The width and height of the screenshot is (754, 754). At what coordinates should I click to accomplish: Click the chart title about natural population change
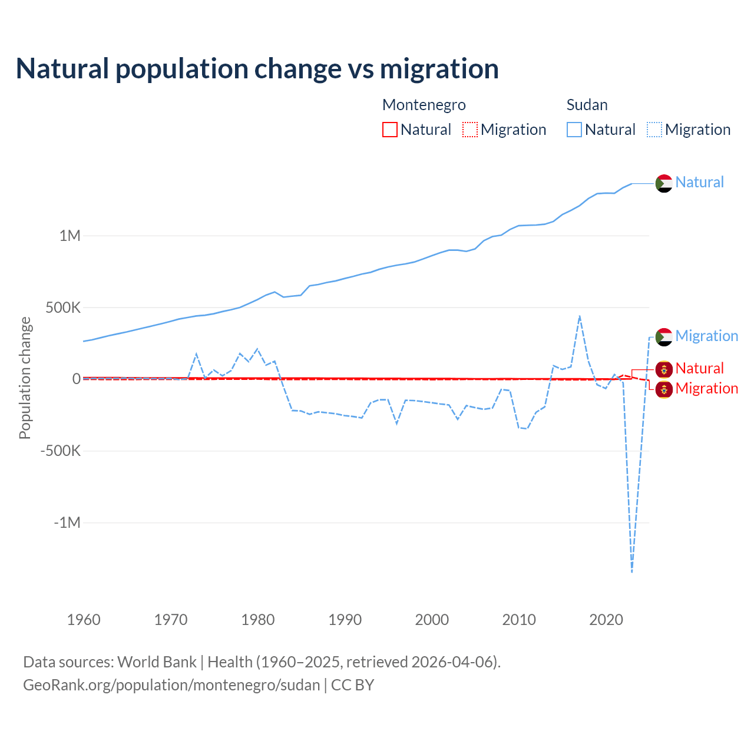point(257,69)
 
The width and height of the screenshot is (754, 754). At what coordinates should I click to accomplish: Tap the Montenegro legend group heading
point(424,105)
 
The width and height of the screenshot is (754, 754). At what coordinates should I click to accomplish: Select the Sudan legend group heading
point(587,105)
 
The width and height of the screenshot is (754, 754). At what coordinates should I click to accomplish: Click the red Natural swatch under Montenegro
point(390,130)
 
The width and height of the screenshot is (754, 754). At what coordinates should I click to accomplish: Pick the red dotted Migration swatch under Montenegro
point(470,130)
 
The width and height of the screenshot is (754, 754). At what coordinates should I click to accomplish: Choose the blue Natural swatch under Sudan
point(574,130)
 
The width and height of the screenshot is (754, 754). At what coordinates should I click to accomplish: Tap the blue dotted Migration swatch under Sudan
point(654,130)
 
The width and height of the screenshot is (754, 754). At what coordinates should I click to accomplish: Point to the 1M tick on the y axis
point(70,236)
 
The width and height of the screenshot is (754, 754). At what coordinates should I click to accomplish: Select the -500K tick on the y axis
point(61,451)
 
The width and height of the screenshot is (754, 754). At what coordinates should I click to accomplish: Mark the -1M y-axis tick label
point(67,523)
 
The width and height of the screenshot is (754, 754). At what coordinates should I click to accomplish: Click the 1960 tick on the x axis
point(84,620)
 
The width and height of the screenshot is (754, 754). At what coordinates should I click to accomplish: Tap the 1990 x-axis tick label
point(345,620)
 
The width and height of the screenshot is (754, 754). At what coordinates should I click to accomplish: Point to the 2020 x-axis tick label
point(606,620)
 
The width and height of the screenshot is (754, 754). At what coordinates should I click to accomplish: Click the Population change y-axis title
point(25,378)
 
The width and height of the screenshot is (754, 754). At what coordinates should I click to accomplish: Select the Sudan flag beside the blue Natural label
point(664,183)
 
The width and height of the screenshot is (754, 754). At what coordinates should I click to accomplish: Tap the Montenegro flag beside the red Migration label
point(664,389)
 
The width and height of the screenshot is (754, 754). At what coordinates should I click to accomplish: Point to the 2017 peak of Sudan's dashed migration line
point(580,316)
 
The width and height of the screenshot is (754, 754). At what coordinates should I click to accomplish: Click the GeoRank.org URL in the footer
point(171,685)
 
